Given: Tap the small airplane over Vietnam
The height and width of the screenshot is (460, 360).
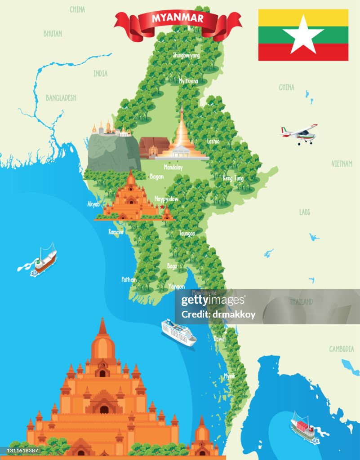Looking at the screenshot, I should [x=300, y=133].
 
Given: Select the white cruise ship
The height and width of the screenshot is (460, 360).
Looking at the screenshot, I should [x=179, y=332].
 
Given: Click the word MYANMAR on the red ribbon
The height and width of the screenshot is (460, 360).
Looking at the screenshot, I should [x=178, y=18].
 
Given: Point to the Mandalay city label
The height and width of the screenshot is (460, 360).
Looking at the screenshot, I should [x=173, y=167].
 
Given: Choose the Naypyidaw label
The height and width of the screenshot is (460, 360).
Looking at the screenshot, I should [x=166, y=199].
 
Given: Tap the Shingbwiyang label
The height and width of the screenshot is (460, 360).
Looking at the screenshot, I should [x=187, y=55].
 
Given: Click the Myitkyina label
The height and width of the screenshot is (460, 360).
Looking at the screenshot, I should [x=188, y=81].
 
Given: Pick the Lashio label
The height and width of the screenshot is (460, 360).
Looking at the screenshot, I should [x=213, y=141].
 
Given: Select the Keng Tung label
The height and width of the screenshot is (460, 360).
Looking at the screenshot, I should [x=233, y=178].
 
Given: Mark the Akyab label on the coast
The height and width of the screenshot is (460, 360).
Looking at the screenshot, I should [x=93, y=204].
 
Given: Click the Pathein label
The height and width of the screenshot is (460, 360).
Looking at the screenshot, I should [x=129, y=279].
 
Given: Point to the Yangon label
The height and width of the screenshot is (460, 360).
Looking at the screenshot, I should [x=176, y=286].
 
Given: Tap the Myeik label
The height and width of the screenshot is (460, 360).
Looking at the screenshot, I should [x=230, y=376].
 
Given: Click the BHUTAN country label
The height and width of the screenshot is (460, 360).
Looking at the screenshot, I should [x=53, y=34].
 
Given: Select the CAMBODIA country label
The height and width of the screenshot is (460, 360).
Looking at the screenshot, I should [x=342, y=349].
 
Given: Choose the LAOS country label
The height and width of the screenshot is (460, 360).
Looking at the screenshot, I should [x=305, y=212].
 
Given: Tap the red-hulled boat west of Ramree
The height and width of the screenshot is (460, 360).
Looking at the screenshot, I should [x=45, y=260].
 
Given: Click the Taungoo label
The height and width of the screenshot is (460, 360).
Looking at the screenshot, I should [x=187, y=234].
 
